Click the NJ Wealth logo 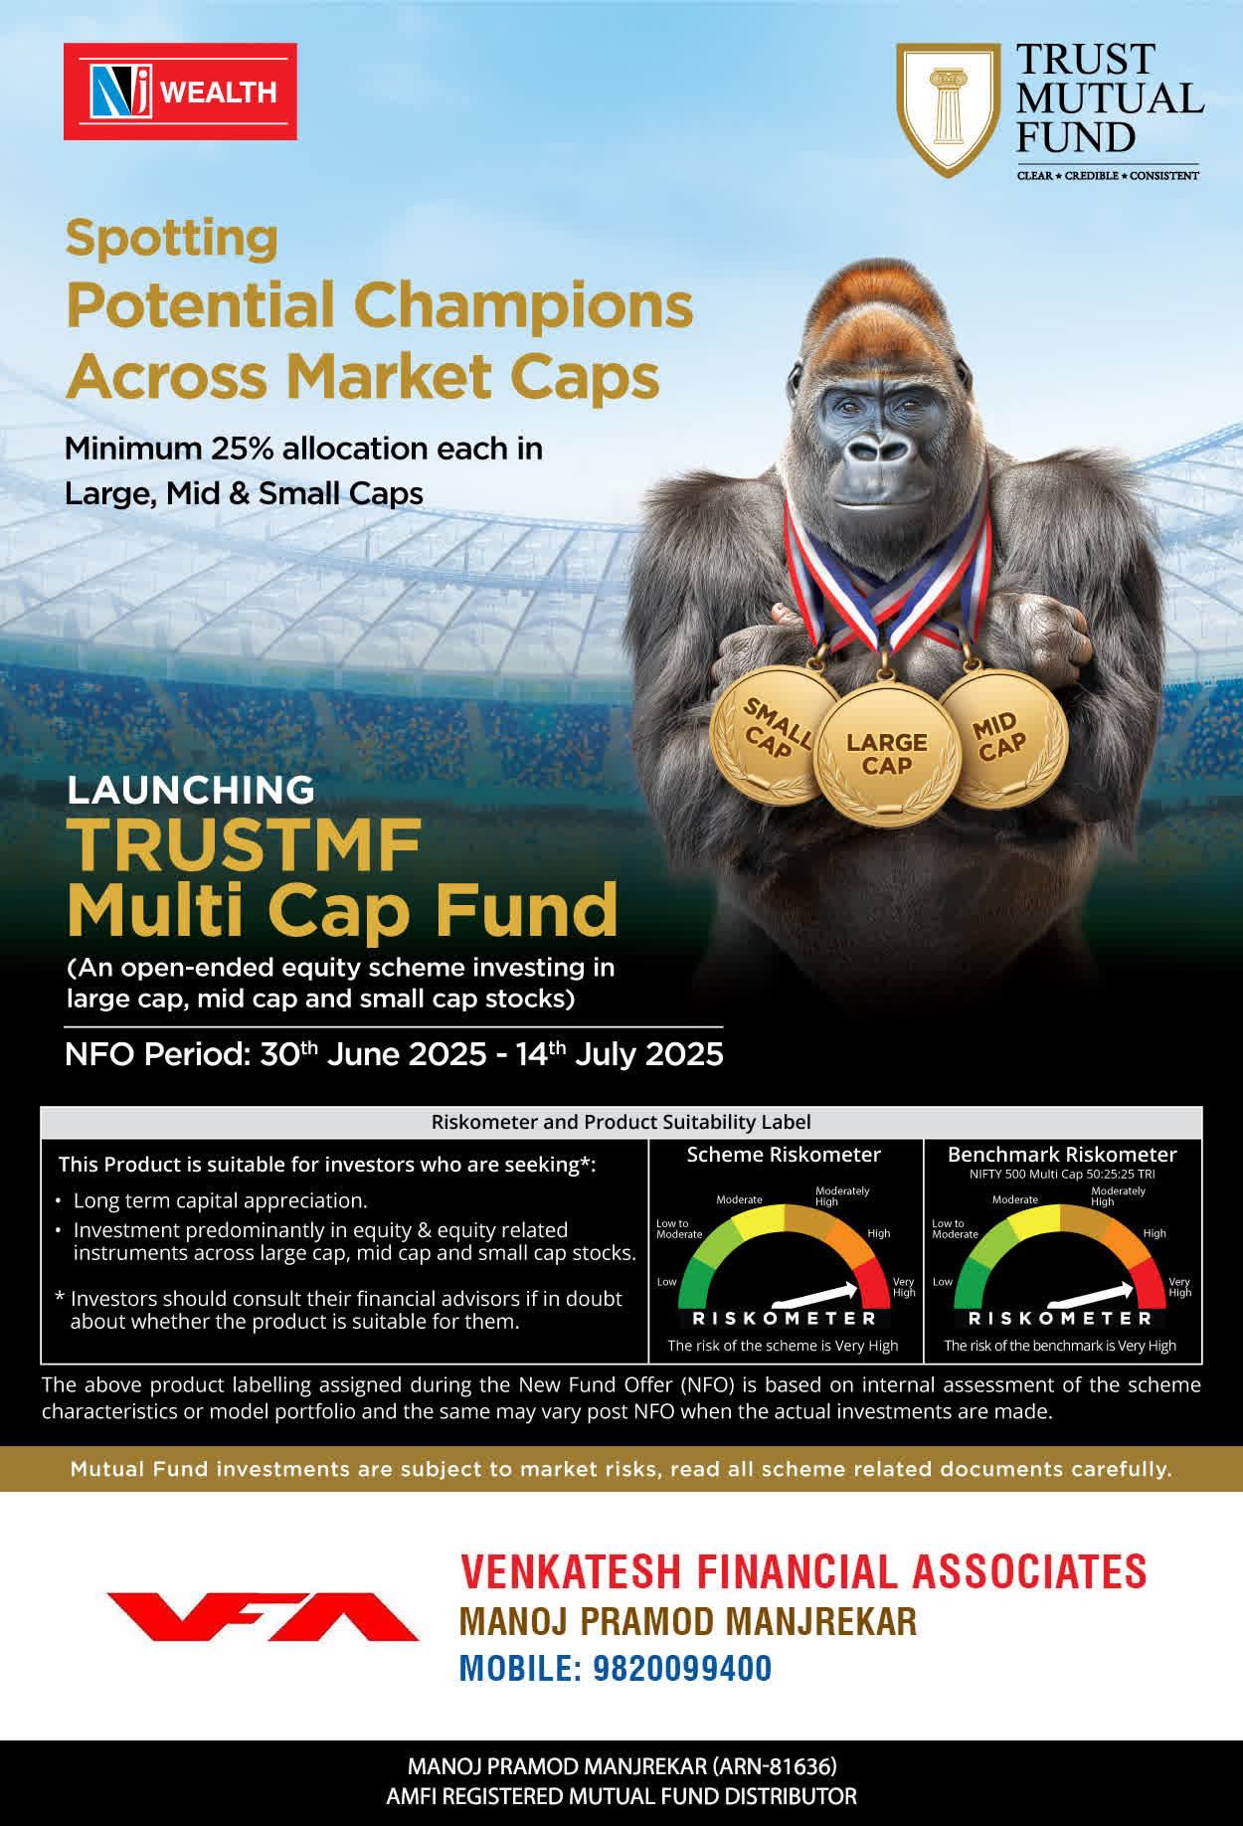(x=180, y=91)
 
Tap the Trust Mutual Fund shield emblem (x=948, y=108)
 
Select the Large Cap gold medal (x=886, y=755)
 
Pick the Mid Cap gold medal (x=1002, y=737)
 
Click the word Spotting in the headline (x=171, y=240)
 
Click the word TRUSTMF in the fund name (x=245, y=846)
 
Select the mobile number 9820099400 (x=682, y=1668)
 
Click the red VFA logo (x=263, y=1616)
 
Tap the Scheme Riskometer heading (x=784, y=1155)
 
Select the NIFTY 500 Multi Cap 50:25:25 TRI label (x=1062, y=1175)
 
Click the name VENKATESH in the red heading (x=571, y=1572)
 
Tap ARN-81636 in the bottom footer (x=774, y=1766)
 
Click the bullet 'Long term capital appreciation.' (x=220, y=1200)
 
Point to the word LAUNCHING (x=191, y=790)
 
